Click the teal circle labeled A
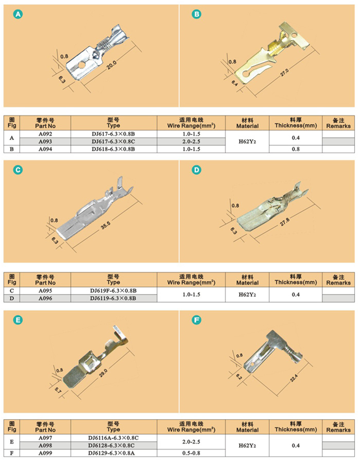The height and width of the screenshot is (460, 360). click(18, 14)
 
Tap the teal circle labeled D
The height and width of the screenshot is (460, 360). click(196, 170)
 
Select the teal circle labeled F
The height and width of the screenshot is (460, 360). click(196, 320)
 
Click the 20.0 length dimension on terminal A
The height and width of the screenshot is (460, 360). click(112, 65)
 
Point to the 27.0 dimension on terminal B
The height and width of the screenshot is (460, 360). click(284, 72)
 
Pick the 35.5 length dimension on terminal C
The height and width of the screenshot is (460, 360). click(106, 225)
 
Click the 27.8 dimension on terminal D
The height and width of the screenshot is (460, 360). click(284, 222)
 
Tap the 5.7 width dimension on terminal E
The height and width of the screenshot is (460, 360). click(58, 391)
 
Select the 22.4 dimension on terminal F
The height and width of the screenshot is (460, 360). click(294, 378)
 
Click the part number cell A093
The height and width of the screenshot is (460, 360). click(45, 141)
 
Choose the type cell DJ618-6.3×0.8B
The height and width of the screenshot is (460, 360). click(113, 149)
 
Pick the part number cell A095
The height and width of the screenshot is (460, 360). click(45, 291)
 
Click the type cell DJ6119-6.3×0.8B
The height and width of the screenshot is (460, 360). click(113, 298)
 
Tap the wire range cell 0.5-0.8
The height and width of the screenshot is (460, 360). click(191, 453)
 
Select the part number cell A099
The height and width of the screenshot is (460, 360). click(45, 453)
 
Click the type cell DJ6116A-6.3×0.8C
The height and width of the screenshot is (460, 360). click(113, 437)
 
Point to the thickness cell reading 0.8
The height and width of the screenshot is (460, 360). click(296, 149)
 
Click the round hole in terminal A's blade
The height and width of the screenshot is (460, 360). click(82, 63)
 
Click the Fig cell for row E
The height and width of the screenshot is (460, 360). click(12, 442)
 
